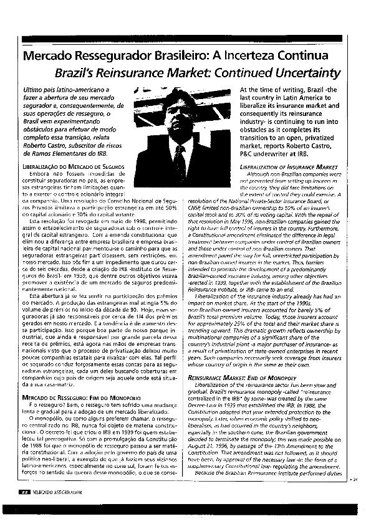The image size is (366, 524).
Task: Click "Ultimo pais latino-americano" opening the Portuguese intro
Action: (60, 91)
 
